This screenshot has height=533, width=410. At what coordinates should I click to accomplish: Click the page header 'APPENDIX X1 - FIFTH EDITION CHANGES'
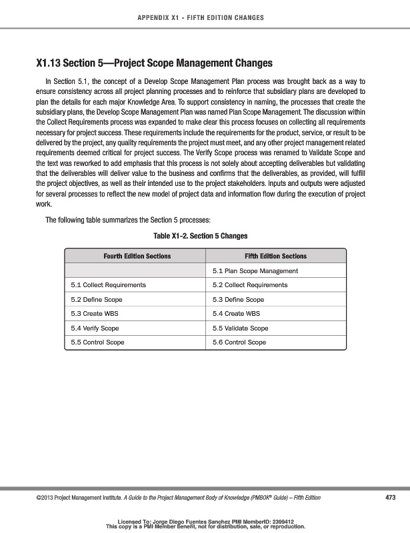(x=205, y=17)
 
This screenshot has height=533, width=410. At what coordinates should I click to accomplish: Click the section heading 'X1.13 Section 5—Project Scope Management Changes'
(x=154, y=64)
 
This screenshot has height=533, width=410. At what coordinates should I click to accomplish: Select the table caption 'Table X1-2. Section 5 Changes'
(x=205, y=236)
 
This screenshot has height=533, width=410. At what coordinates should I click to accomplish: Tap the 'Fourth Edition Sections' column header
(x=137, y=256)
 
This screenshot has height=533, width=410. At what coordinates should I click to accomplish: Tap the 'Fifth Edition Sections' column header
(x=275, y=256)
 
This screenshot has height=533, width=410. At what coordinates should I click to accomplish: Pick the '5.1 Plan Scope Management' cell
(x=255, y=270)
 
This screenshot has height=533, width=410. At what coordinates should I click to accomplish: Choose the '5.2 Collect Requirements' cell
(x=249, y=285)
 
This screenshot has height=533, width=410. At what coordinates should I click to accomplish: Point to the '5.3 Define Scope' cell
(x=238, y=300)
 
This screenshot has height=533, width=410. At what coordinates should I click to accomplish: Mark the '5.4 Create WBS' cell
(x=237, y=314)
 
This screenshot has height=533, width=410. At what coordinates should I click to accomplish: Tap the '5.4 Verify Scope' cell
(x=95, y=328)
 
